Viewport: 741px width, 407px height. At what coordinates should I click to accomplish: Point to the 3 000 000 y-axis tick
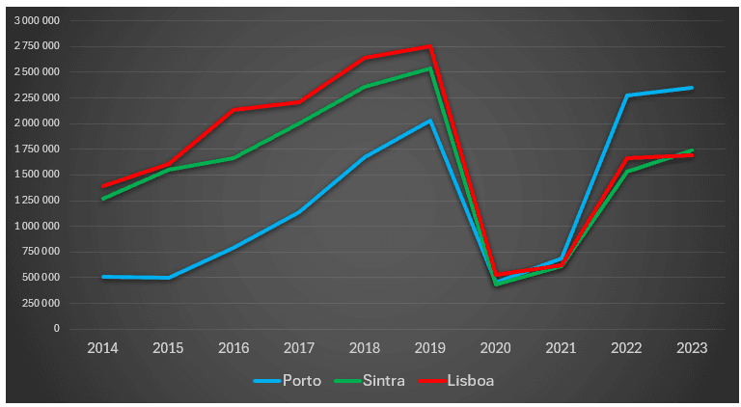click(37, 20)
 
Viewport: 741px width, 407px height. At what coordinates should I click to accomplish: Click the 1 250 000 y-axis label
click(37, 201)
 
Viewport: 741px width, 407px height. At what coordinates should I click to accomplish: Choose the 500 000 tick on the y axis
click(41, 278)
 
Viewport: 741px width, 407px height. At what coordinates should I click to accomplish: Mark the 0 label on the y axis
click(56, 329)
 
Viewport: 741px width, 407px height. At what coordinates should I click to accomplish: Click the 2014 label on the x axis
click(102, 347)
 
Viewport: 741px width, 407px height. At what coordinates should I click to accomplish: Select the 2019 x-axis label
click(429, 347)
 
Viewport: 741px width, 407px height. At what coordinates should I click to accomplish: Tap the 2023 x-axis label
click(691, 347)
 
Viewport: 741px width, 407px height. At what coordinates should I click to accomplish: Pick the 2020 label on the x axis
click(495, 347)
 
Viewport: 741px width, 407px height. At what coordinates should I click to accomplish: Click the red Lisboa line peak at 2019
click(429, 46)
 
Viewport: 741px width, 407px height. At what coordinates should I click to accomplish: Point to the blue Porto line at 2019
click(429, 121)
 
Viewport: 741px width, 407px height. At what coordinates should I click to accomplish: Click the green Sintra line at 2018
click(364, 87)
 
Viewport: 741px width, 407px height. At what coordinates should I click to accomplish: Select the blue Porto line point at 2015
click(168, 278)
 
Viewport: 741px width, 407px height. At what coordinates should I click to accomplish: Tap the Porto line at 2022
click(625, 95)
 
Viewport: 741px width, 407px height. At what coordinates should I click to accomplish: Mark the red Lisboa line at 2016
click(233, 110)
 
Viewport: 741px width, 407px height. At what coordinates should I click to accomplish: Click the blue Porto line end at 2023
click(691, 88)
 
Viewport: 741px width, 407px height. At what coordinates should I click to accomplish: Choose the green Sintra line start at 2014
click(102, 199)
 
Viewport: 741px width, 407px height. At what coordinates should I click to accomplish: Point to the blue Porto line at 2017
click(299, 212)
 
